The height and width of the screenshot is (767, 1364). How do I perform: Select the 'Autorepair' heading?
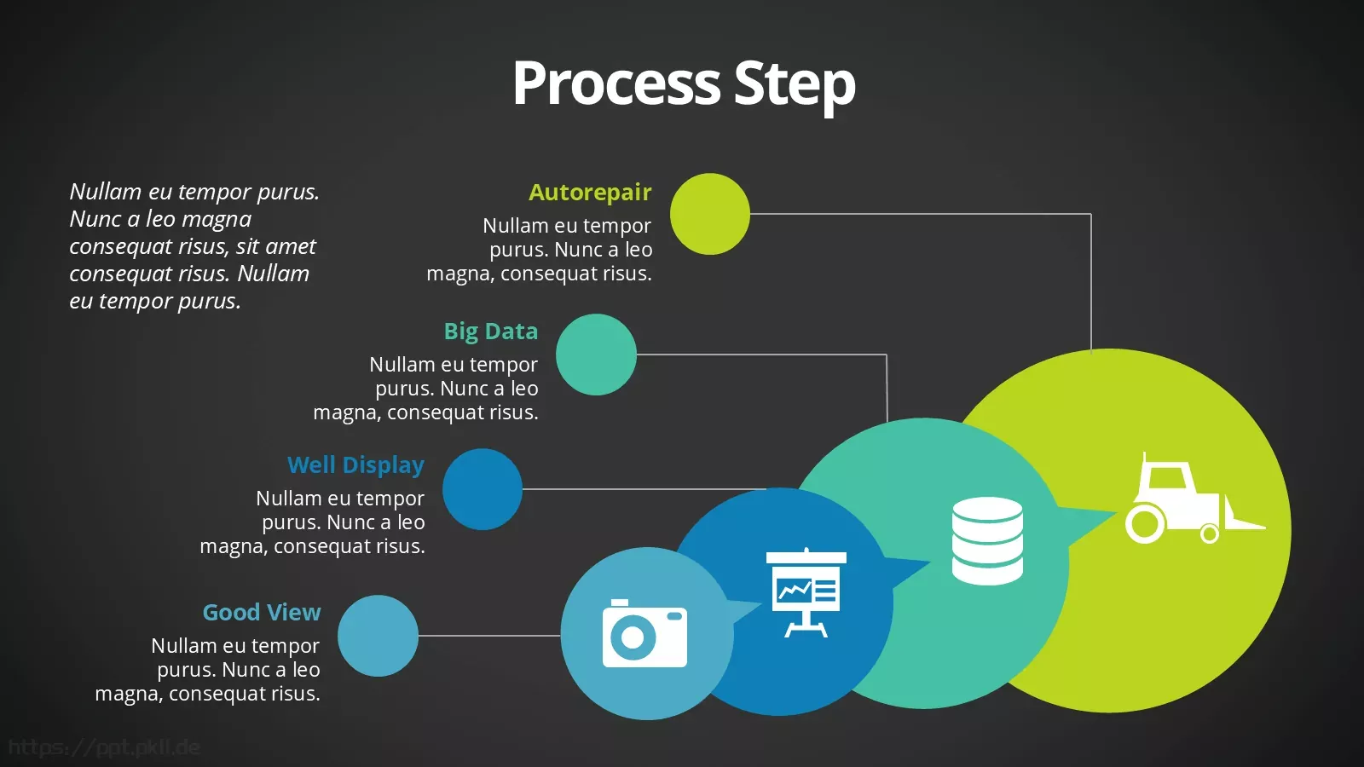590,193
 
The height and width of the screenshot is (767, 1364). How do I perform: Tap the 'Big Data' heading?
491,332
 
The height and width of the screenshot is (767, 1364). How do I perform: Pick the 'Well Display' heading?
355,465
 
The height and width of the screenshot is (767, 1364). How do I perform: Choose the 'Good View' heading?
261,612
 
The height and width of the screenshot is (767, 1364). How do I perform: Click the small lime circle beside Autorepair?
710,214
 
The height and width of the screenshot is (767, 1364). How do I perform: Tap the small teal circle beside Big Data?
596,355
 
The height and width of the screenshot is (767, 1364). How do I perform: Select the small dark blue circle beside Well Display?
483,489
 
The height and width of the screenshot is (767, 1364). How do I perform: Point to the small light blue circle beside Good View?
379,636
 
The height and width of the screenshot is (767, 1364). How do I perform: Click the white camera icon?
644,633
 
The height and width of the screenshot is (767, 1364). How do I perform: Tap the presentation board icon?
806,592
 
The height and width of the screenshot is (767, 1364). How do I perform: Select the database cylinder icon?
987,540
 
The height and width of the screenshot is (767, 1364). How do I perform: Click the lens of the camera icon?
632,638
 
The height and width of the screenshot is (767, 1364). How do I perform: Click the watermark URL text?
104,747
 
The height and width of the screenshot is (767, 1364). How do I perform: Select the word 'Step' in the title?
795,84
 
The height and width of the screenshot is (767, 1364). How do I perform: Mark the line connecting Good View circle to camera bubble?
489,636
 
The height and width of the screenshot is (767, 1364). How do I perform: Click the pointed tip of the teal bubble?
1116,512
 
